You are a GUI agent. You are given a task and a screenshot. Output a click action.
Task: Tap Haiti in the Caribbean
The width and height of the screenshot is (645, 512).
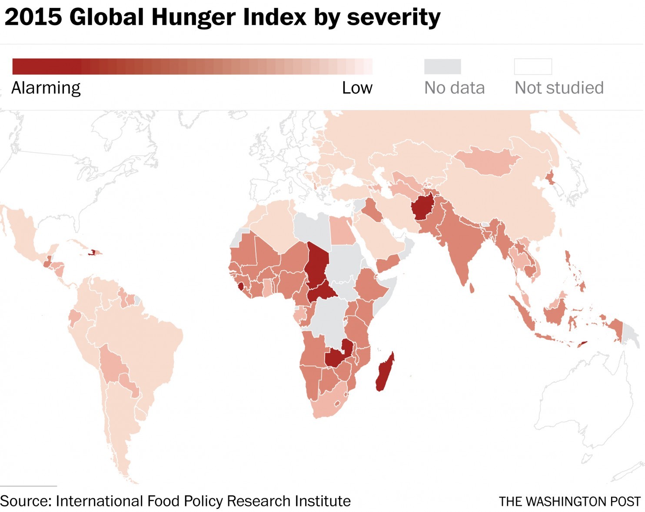tap(92, 252)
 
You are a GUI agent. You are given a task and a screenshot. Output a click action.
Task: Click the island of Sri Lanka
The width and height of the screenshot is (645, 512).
tap(472, 288)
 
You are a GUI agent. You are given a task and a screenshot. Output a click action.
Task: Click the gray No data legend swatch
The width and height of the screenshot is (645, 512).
tap(442, 66)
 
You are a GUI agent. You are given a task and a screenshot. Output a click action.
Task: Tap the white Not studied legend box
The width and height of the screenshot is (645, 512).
tap(533, 66)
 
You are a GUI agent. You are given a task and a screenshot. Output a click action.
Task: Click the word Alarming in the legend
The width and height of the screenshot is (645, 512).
tap(46, 88)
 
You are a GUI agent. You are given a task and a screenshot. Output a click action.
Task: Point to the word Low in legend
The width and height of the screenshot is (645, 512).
tap(357, 88)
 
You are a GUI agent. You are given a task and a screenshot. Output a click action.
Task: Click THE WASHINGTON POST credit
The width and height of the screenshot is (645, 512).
tap(569, 502)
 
